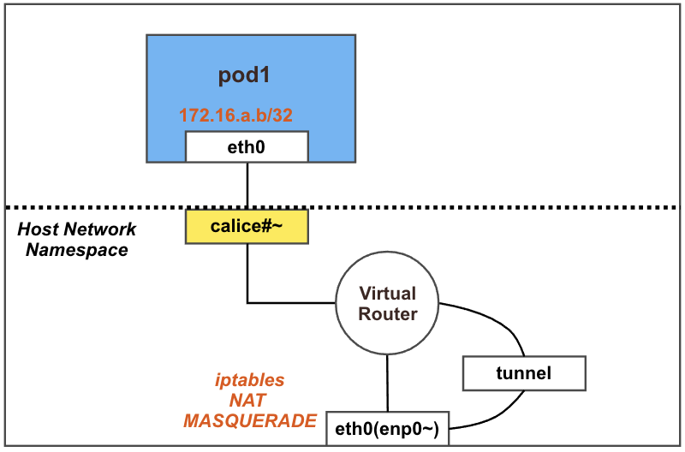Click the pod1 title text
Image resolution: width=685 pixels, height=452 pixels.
coord(245,75)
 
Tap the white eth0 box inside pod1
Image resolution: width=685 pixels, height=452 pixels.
coord(247,146)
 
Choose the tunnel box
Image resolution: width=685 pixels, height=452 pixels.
coord(523,373)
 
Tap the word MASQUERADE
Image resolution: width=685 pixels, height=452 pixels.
coord(250,421)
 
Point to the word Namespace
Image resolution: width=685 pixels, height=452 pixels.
coord(77,250)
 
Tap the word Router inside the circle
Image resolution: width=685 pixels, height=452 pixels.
coord(388,314)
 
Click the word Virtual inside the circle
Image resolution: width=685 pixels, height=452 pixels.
coord(388,294)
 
